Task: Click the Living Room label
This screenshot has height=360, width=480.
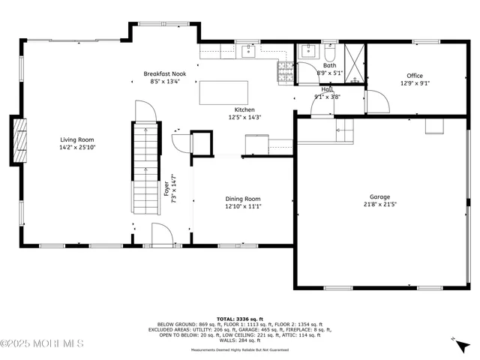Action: tap(77, 139)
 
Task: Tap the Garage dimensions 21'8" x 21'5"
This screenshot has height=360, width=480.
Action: tap(379, 204)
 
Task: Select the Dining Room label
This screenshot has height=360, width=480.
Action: tap(243, 199)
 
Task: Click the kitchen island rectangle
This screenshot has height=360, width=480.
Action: tap(223, 92)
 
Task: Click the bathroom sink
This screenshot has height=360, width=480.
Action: tap(307, 51)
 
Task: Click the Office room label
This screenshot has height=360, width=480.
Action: tap(415, 76)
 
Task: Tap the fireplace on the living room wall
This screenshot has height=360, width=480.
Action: tap(19, 139)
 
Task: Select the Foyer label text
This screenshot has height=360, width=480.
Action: tap(166, 189)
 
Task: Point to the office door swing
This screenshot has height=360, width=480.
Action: tap(377, 101)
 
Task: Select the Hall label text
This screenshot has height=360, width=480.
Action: tap(328, 89)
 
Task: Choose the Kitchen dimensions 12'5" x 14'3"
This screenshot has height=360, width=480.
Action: tap(244, 117)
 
